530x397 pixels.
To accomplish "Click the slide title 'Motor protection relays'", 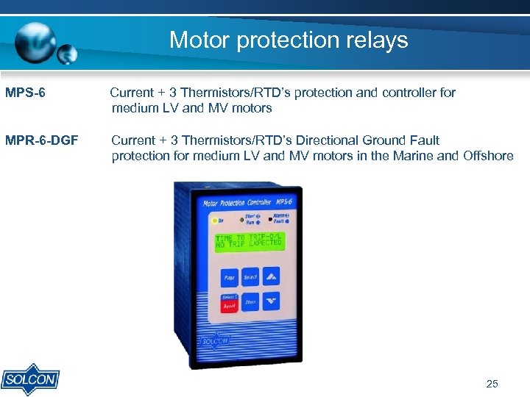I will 289,40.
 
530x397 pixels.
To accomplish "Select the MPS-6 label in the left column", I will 25,93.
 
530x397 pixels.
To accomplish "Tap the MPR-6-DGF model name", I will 41,140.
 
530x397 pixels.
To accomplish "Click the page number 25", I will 492,384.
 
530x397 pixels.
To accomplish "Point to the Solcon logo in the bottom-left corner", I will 29,379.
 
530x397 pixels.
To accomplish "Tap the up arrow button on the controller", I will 271,277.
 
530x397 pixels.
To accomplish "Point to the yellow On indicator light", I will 213,219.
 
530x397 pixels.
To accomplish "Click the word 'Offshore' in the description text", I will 488,156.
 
